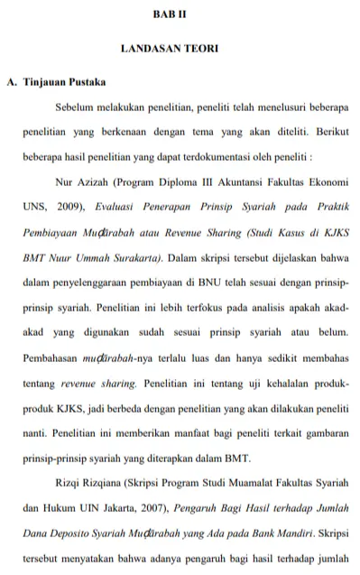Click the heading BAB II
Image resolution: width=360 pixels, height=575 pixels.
click(180, 16)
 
